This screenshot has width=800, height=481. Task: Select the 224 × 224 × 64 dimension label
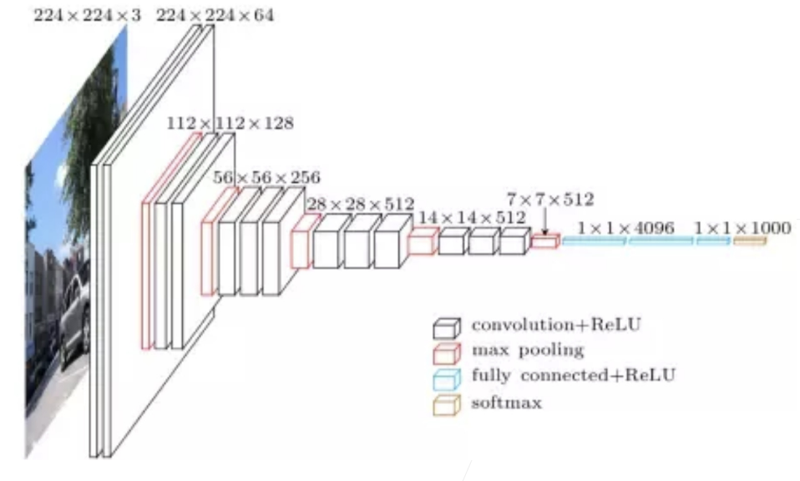(x=215, y=15)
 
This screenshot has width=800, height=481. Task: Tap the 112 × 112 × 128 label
(x=230, y=124)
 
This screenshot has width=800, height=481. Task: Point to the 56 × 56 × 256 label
(x=266, y=178)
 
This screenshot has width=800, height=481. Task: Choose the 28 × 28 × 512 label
(x=360, y=203)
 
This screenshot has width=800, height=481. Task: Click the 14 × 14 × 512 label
(x=473, y=217)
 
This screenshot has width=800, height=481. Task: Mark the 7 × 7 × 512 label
(x=550, y=200)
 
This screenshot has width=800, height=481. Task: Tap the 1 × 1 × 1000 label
(x=731, y=227)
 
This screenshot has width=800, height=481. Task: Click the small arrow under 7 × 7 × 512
(x=544, y=223)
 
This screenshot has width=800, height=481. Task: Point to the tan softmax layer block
(x=750, y=241)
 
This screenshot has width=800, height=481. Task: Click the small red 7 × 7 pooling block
(x=544, y=242)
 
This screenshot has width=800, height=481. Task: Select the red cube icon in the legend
(x=447, y=352)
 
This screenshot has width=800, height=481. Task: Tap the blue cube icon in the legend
(x=447, y=377)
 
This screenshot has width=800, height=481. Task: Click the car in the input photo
(x=73, y=317)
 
